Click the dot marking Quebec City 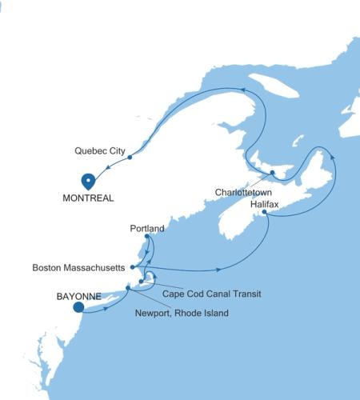tap(130, 158)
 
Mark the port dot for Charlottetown tap(272, 173)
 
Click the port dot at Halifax tap(265, 214)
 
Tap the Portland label tap(147, 228)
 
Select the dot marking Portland tap(146, 237)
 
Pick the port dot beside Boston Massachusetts tap(132, 266)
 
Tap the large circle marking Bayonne tap(78, 306)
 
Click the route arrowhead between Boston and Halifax tap(221, 269)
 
